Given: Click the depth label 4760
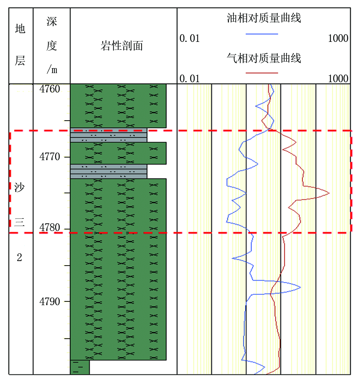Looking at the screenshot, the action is tap(50, 89).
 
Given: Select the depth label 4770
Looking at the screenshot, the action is tap(50, 157).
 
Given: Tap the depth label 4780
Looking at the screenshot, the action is tap(50, 228).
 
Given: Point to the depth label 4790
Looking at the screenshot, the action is tap(50, 302).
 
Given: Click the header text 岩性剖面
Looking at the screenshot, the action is tap(122, 46).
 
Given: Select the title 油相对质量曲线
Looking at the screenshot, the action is tap(264, 18).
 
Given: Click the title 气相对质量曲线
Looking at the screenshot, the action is tap(264, 58).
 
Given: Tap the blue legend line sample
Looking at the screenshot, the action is tap(262, 34).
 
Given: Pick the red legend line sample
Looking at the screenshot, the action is tap(262, 73).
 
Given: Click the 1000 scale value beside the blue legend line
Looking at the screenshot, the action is tap(338, 38).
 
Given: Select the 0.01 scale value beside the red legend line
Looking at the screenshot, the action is tap(189, 79).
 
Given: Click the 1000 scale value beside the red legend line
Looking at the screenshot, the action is tap(338, 79).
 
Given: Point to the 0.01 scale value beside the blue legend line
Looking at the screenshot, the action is tap(189, 38).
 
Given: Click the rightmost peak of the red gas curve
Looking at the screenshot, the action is tap(329, 193).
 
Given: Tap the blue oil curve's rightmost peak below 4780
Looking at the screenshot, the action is tap(301, 287).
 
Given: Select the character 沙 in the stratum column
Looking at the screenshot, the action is tap(19, 187).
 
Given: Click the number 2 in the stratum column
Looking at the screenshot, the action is tap(19, 257).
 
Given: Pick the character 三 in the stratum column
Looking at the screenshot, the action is tap(19, 222).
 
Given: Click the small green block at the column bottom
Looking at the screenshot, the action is tap(80, 367).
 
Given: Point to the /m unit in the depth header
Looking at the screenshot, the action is tap(52, 69).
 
